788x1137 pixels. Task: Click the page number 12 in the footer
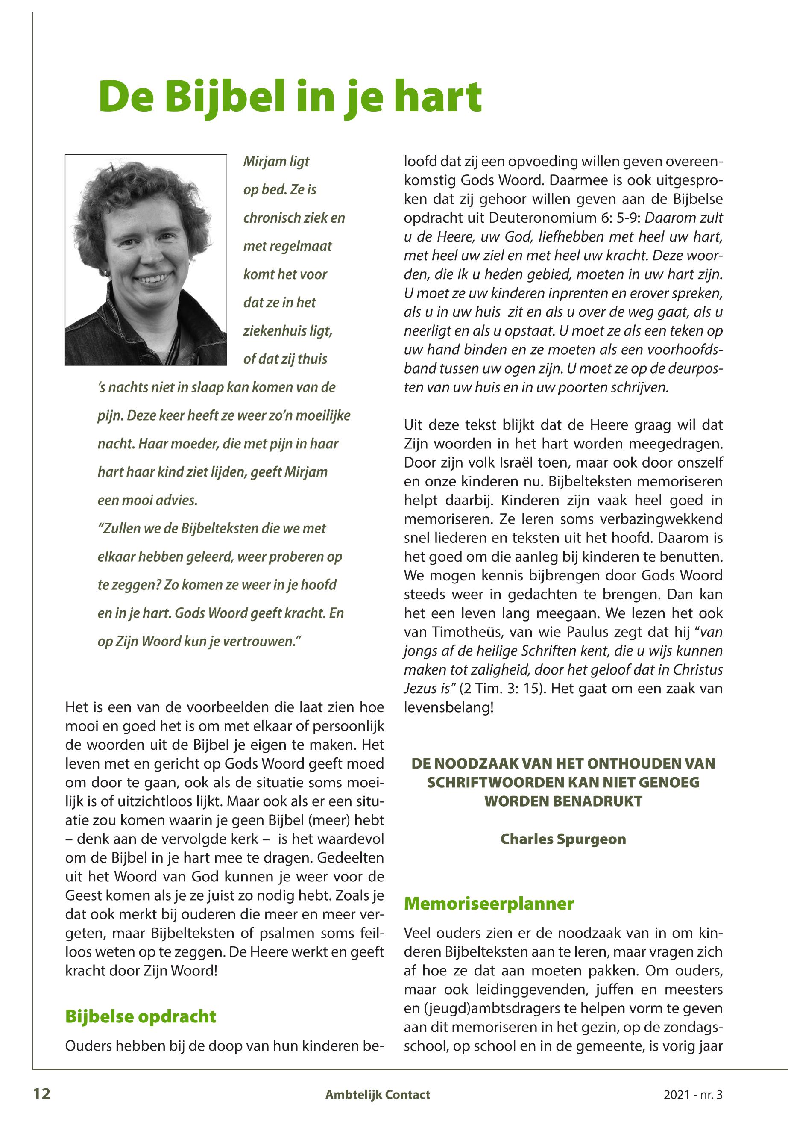click(x=41, y=1094)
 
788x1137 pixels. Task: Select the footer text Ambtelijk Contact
click(x=377, y=1095)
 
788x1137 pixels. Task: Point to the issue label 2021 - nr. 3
click(x=692, y=1095)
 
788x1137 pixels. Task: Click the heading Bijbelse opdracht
click(x=141, y=1016)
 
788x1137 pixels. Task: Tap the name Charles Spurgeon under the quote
click(x=563, y=839)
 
